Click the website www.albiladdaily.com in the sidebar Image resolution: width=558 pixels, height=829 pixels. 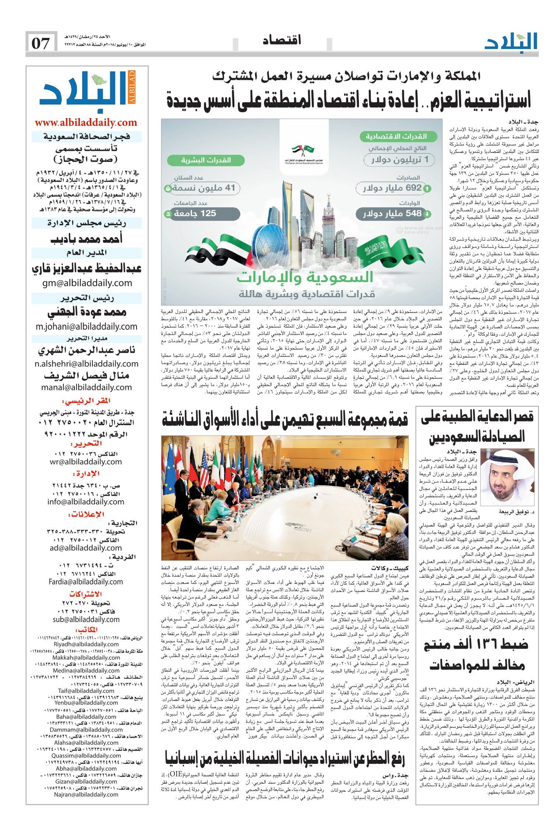(86, 123)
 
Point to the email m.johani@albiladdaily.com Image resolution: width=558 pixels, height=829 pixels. (86, 326)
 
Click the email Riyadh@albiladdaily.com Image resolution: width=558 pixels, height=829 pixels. (87, 655)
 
